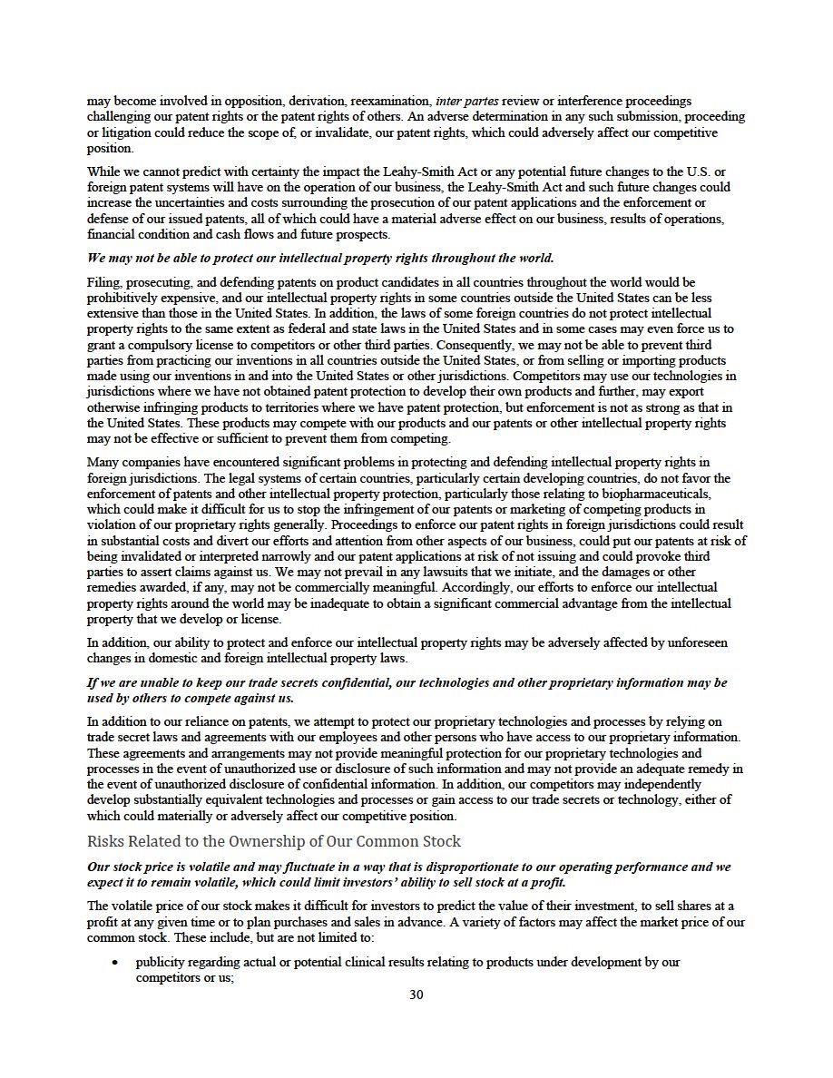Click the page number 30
[416, 994]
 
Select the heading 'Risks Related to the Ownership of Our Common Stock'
[273, 841]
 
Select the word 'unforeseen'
[695, 642]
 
